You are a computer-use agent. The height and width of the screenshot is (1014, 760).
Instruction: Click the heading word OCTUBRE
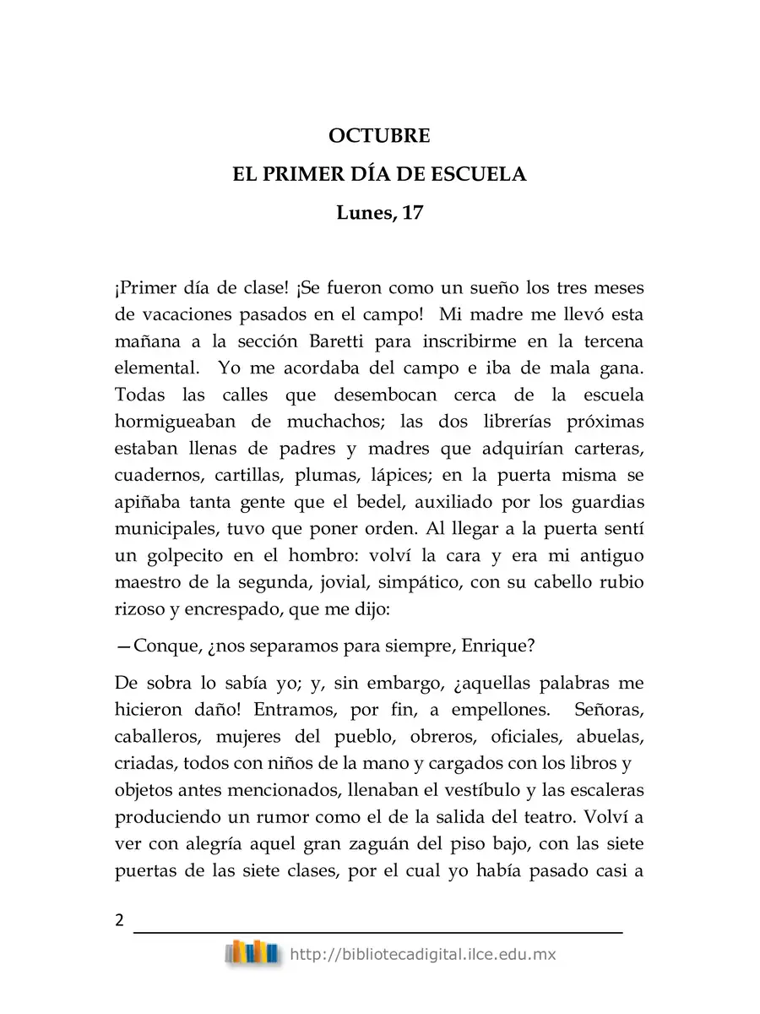click(379, 135)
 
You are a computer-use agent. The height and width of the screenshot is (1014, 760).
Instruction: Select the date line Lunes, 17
click(379, 213)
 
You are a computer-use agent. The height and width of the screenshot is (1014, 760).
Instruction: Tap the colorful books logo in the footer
click(252, 953)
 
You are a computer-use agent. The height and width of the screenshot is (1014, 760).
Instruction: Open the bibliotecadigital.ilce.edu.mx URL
click(422, 954)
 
